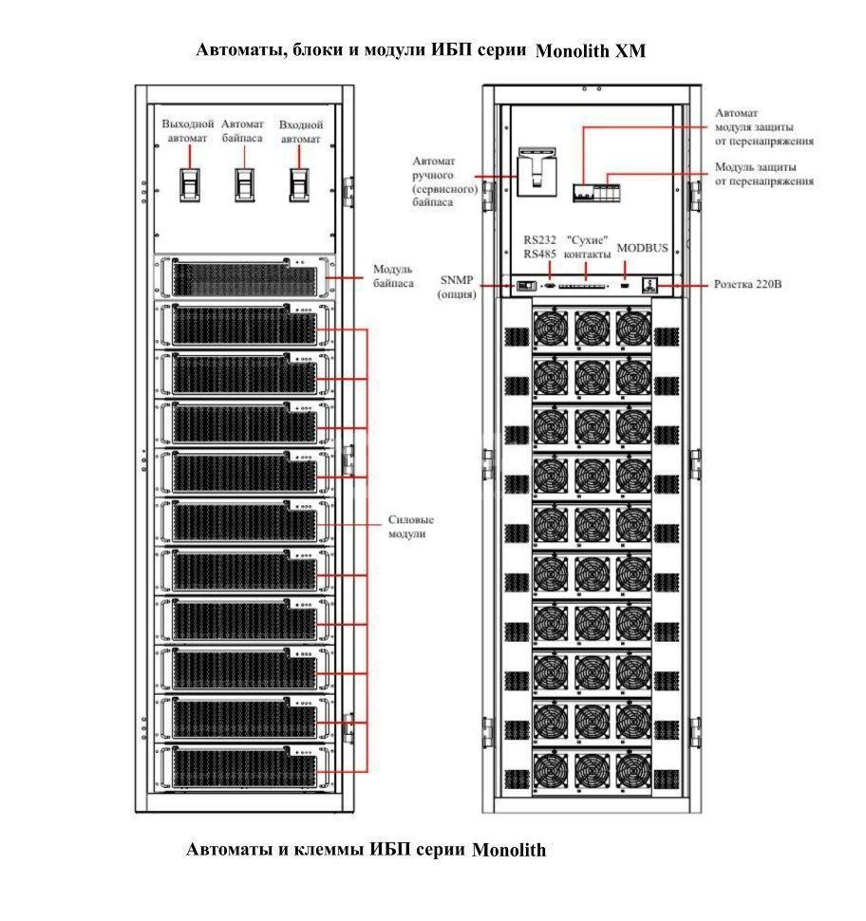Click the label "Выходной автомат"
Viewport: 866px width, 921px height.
pos(187,131)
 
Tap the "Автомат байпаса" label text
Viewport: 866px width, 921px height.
pos(242,131)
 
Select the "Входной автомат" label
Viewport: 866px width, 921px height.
pos(300,132)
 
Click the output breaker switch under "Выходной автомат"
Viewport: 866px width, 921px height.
pos(190,185)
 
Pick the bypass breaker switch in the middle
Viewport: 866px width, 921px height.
pos(245,185)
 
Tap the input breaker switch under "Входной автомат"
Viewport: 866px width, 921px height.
pos(300,185)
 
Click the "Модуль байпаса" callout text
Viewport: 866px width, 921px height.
pos(393,276)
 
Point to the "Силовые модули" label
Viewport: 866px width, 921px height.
pos(410,526)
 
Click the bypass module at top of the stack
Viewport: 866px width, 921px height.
pos(244,277)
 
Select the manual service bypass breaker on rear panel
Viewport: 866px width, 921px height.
pos(537,171)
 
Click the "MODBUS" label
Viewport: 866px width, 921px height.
pos(642,248)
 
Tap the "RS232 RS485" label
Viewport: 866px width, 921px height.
pos(539,247)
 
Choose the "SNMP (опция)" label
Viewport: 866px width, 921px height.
pos(457,287)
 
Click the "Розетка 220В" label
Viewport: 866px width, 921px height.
pos(747,284)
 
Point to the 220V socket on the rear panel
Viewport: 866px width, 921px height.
pos(649,286)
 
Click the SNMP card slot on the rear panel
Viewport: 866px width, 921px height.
pos(526,286)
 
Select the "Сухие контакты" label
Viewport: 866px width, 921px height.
pos(587,247)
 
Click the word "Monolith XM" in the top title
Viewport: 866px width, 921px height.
pos(591,51)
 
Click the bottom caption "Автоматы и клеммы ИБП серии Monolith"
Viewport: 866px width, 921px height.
pos(366,850)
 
